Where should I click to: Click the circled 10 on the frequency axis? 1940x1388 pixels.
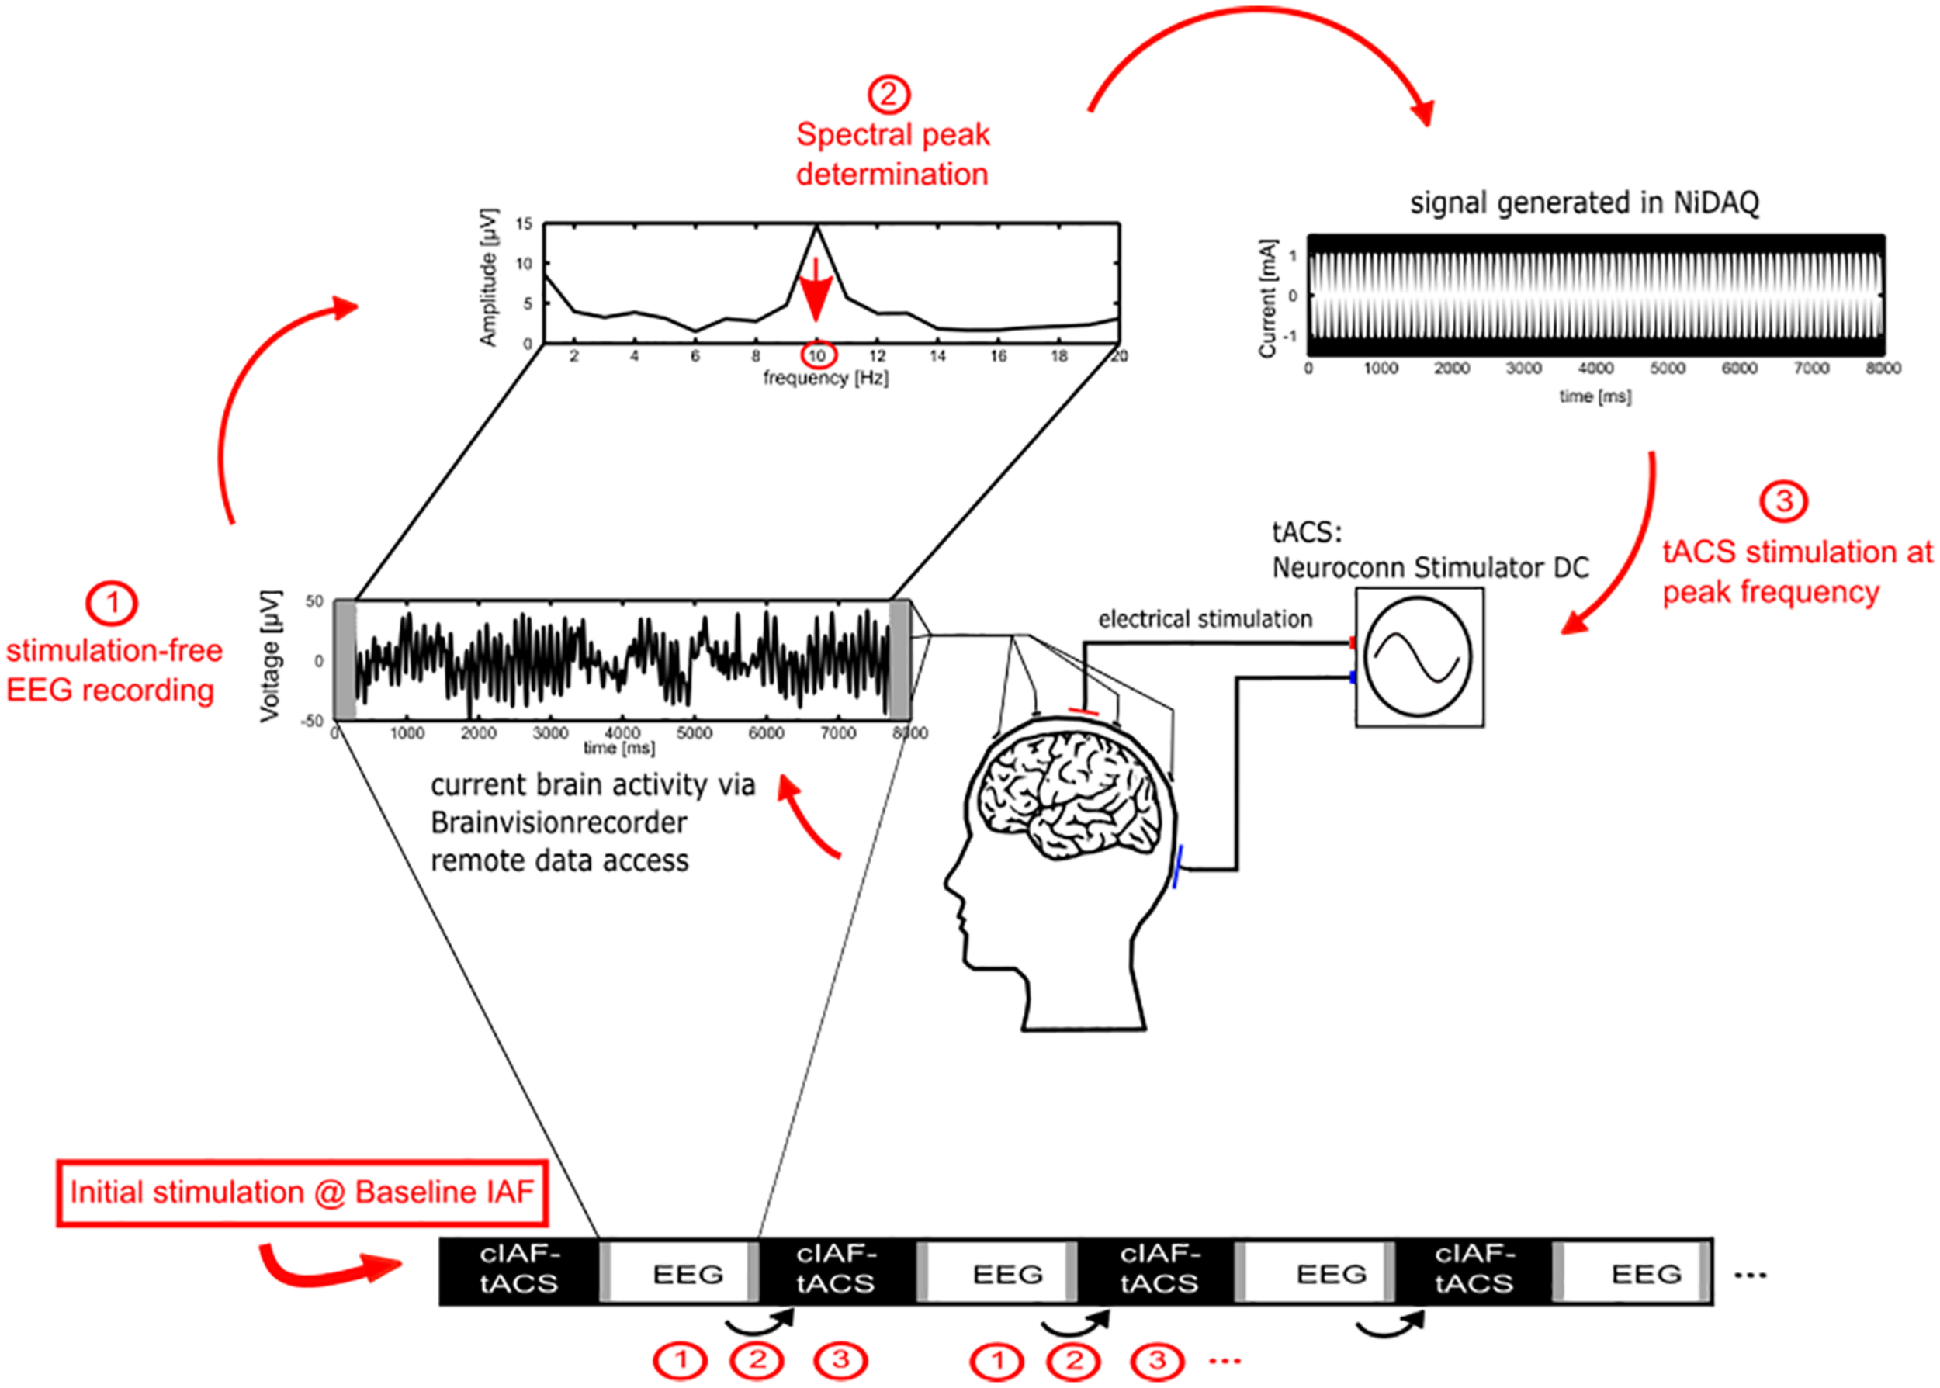point(818,355)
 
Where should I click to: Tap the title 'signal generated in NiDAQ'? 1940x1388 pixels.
point(1584,202)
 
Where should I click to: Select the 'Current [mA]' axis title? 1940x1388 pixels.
point(1267,297)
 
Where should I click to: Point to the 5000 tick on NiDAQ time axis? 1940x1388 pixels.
point(1667,369)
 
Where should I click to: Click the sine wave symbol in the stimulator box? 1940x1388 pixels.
point(1418,656)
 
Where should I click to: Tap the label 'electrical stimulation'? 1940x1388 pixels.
point(1204,619)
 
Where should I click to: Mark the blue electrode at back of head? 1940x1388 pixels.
point(1178,866)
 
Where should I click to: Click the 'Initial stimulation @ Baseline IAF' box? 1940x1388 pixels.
point(302,1192)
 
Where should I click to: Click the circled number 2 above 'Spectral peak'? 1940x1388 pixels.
point(889,94)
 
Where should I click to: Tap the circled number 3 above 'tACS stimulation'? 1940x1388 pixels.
point(1782,501)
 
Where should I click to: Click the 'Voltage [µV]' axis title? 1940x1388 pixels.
point(270,656)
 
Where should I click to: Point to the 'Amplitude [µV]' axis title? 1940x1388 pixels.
point(487,278)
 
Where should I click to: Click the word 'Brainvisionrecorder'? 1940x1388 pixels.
point(558,822)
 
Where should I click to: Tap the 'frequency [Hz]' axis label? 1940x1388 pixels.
point(826,378)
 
